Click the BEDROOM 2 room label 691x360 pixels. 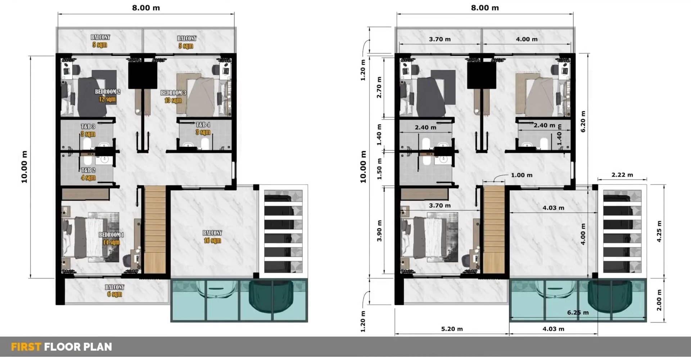108,92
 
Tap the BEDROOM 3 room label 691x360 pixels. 173,93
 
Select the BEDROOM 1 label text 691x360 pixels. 111,235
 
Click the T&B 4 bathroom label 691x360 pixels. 203,125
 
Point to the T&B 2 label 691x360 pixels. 88,170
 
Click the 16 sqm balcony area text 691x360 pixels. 212,240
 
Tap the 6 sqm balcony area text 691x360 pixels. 114,294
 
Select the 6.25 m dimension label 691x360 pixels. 578,312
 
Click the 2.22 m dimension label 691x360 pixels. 622,175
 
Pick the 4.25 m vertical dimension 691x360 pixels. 659,231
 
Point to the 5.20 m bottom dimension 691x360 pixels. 452,329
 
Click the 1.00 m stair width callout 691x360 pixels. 521,175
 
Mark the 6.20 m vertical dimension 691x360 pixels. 583,121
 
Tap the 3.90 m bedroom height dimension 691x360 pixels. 379,231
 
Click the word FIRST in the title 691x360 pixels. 26,347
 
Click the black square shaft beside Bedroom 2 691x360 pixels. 143,75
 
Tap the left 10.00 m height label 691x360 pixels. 24,167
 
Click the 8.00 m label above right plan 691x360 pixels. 485,8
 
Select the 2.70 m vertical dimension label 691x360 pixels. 379,87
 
